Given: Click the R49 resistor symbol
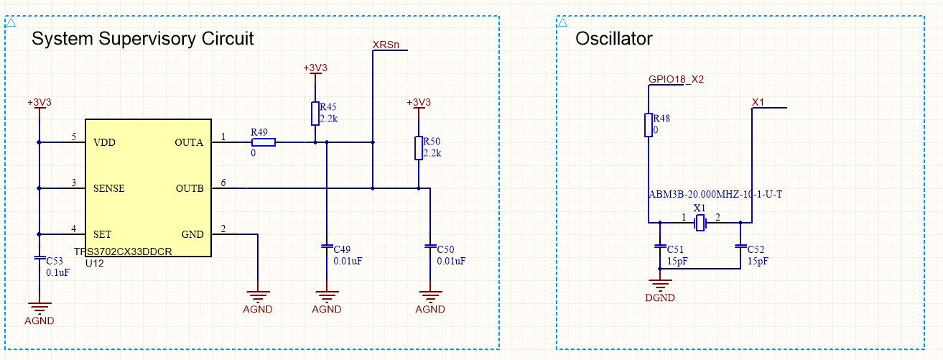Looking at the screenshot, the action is coord(264,142).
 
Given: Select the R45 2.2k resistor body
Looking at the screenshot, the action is coord(315,114).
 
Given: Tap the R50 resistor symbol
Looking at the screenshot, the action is coord(419,148).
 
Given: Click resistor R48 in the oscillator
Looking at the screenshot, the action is coord(649,125).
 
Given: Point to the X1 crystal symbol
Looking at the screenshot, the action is coord(700,222).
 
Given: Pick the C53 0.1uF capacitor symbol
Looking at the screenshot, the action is coord(40,257).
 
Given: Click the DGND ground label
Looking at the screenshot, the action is coord(660,297).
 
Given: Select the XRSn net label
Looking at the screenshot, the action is coord(386,45).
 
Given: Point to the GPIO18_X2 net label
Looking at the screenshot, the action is coord(676,79).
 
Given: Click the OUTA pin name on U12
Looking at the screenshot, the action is coord(189,142).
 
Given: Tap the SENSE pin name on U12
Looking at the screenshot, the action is coord(109,188).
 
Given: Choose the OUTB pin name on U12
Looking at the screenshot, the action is coord(190,188).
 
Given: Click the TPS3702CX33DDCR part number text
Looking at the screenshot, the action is coord(123,251).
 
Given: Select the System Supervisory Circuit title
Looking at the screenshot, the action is coord(143,39).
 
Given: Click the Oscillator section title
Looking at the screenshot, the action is coord(614,39).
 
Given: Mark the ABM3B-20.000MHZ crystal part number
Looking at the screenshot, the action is coord(715,194).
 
